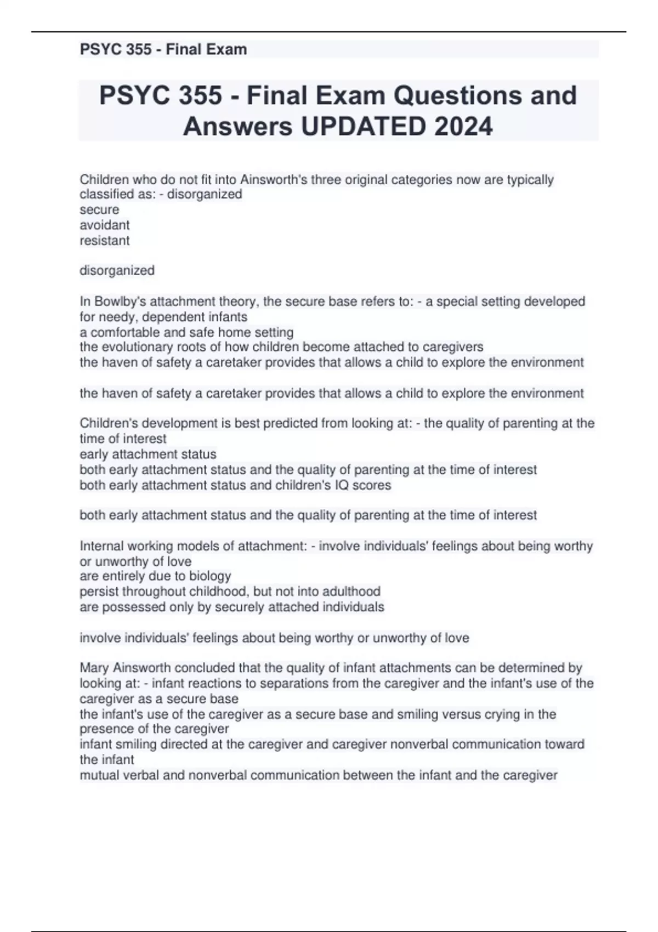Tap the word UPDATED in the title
[362, 127]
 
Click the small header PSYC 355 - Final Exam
[163, 49]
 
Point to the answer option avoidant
[105, 225]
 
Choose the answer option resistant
[105, 240]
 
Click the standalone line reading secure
[99, 209]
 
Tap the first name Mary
[94, 668]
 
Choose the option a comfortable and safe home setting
[186, 332]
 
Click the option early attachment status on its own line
[148, 454]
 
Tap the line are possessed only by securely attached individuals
[232, 607]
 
